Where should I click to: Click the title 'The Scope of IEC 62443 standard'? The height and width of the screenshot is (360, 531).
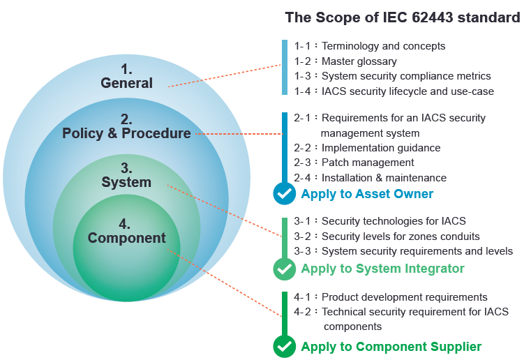point(403,17)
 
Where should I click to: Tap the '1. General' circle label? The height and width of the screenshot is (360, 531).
point(127,77)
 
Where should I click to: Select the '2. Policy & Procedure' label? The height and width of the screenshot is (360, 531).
point(126,126)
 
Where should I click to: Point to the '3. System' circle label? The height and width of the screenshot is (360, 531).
point(126,175)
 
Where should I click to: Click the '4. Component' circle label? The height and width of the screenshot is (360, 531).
point(127,232)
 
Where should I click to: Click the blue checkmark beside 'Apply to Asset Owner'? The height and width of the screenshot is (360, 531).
point(285,194)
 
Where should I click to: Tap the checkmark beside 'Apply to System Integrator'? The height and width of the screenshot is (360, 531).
point(285,269)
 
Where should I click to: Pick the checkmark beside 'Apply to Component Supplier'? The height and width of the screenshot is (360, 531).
point(285,347)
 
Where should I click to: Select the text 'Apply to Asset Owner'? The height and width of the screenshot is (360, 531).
point(367,194)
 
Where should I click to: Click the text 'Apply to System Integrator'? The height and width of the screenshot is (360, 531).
point(382,269)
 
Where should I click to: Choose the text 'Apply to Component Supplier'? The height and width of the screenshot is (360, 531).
point(391,347)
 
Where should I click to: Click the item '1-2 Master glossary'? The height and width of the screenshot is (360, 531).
point(345,61)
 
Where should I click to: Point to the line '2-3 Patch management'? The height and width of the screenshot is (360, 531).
point(354,163)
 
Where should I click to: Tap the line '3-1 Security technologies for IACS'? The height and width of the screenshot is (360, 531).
point(380,221)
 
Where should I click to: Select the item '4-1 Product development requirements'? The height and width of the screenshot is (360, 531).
point(391,297)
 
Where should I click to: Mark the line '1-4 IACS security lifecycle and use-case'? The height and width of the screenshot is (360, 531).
point(394,91)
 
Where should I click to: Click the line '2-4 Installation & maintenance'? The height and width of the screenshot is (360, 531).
point(370,178)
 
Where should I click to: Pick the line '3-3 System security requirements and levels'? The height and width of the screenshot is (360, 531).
point(403,251)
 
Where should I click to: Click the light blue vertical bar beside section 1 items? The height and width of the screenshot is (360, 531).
point(285,68)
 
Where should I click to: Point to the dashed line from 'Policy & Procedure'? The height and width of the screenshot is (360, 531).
point(239,134)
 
